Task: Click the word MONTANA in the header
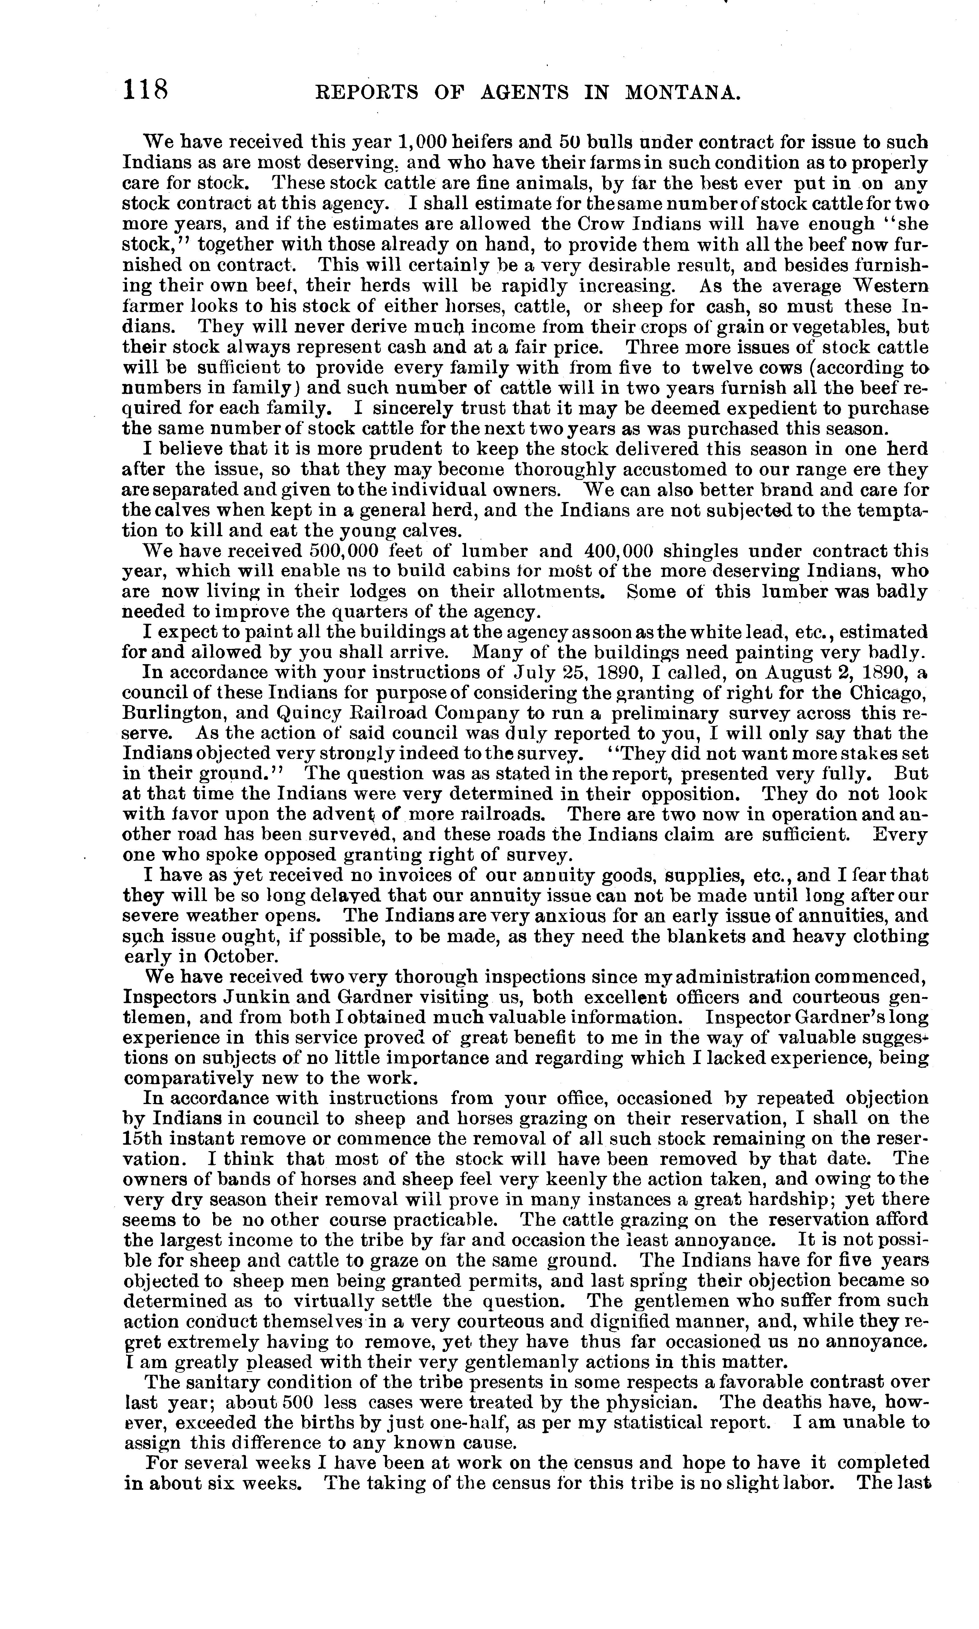(681, 92)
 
